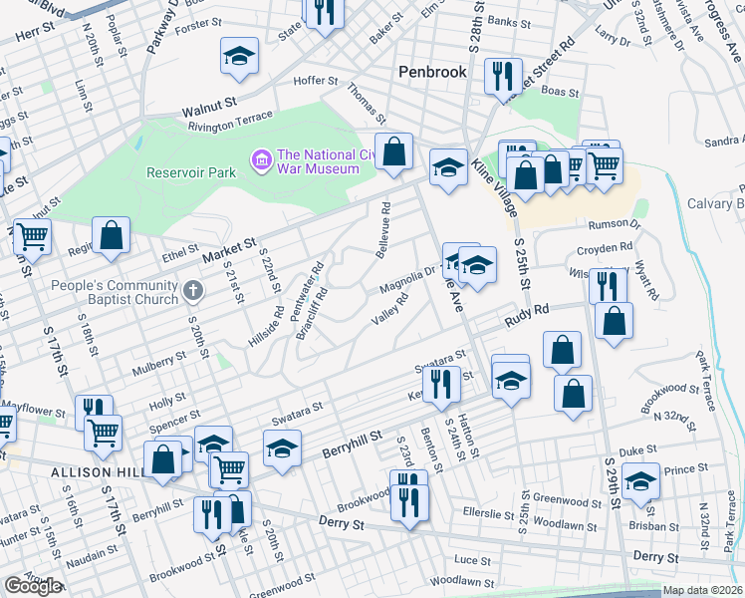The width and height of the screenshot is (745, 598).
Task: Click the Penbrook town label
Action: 431,72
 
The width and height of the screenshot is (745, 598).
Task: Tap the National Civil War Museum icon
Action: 262,157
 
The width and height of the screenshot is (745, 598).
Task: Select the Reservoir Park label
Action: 190,172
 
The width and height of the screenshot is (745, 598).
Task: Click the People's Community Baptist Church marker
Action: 194,292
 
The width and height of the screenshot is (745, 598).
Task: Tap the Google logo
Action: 32,586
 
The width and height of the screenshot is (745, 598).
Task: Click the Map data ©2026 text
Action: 702,590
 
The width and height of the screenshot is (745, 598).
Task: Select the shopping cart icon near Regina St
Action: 32,237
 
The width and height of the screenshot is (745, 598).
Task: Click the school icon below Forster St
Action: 238,59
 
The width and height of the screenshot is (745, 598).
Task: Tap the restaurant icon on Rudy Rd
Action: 607,285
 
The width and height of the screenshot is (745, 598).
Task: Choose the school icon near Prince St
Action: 641,480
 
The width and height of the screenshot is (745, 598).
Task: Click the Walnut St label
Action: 209,103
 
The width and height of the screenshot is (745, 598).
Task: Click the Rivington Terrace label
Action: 230,121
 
